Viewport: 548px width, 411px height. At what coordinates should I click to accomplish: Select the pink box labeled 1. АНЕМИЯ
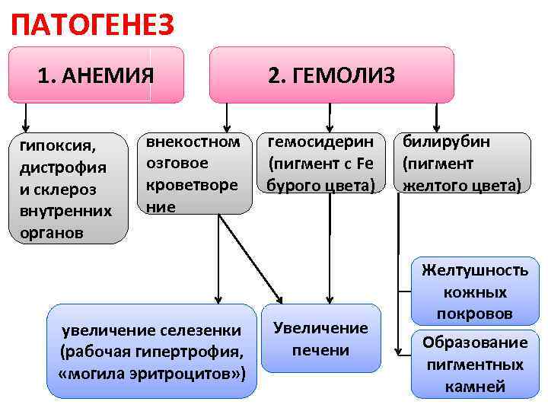pos(96,75)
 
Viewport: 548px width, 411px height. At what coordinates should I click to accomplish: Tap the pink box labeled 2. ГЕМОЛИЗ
pos(331,75)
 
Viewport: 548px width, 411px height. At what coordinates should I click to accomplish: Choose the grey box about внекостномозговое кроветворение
pos(193,174)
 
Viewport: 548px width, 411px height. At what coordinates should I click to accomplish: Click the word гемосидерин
pos(320,142)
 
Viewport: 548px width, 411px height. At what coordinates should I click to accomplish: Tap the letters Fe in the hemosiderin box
pos(365,163)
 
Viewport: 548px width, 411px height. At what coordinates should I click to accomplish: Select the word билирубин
pos(448,142)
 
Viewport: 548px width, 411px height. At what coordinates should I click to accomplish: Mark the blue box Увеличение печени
pos(320,339)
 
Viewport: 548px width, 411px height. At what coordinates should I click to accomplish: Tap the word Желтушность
pos(475,271)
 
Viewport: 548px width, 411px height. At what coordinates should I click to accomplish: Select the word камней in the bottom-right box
pos(475,386)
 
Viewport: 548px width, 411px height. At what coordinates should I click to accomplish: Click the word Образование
pos(475,342)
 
